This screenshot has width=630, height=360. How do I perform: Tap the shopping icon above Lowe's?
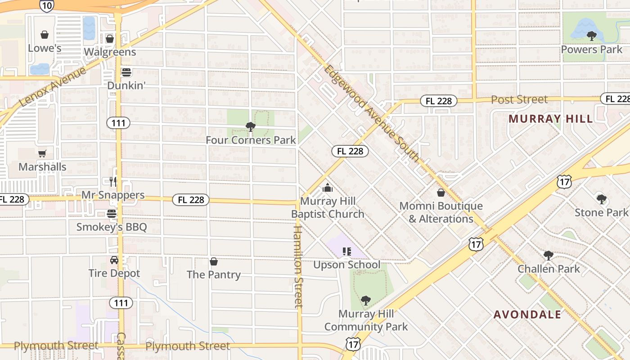(45, 35)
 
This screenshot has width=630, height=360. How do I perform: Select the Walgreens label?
(110, 52)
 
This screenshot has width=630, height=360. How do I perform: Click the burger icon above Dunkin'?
(126, 72)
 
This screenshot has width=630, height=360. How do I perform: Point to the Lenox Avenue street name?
(53, 87)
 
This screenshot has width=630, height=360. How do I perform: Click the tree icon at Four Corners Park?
(251, 127)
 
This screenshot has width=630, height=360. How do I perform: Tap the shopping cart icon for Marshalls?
(42, 154)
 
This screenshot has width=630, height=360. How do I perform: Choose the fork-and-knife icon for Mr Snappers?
(113, 181)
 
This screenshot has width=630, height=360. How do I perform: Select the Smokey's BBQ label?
(112, 227)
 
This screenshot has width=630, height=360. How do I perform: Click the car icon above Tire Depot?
(114, 260)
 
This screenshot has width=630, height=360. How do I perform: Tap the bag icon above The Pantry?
(214, 261)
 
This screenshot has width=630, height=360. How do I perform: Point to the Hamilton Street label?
(298, 266)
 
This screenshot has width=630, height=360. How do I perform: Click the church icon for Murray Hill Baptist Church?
(328, 188)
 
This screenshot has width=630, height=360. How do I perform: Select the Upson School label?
(346, 265)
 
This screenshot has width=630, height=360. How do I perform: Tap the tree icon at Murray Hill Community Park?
(366, 300)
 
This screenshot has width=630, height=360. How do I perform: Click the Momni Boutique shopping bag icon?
(441, 193)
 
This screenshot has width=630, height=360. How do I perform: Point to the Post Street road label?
(519, 99)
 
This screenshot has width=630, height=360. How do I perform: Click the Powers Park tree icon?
(591, 36)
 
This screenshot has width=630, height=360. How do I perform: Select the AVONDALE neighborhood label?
(527, 314)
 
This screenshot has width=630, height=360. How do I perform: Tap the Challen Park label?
(549, 269)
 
